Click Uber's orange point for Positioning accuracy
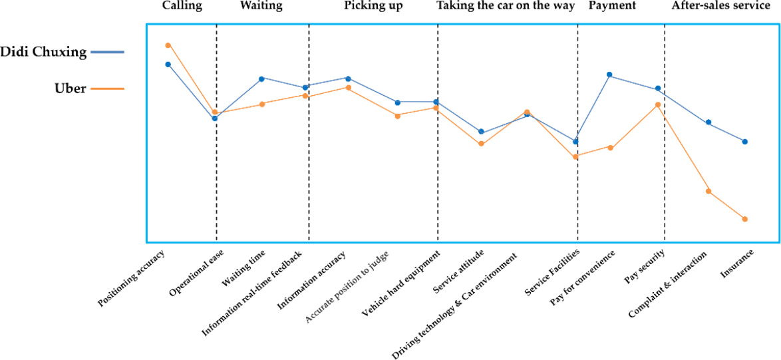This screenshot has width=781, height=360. coord(168,45)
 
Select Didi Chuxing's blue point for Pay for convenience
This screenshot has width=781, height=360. coord(609,75)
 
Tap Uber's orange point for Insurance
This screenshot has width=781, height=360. coord(745,219)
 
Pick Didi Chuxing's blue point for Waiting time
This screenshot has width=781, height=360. coord(261,79)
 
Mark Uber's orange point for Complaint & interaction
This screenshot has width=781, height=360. coord(708,191)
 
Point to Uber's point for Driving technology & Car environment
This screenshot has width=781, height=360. coord(527,112)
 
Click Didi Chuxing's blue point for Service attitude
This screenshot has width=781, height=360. coord(481,132)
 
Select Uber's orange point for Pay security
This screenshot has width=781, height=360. coord(657,104)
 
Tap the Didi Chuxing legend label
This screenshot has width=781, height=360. coord(43,52)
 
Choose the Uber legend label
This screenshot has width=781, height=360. coord(70,89)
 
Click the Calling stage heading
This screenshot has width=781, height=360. coord(182,6)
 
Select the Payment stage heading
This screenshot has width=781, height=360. coord(612,6)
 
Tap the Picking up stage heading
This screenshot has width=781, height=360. coord(373,6)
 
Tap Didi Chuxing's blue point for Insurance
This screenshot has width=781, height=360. coord(745,142)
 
